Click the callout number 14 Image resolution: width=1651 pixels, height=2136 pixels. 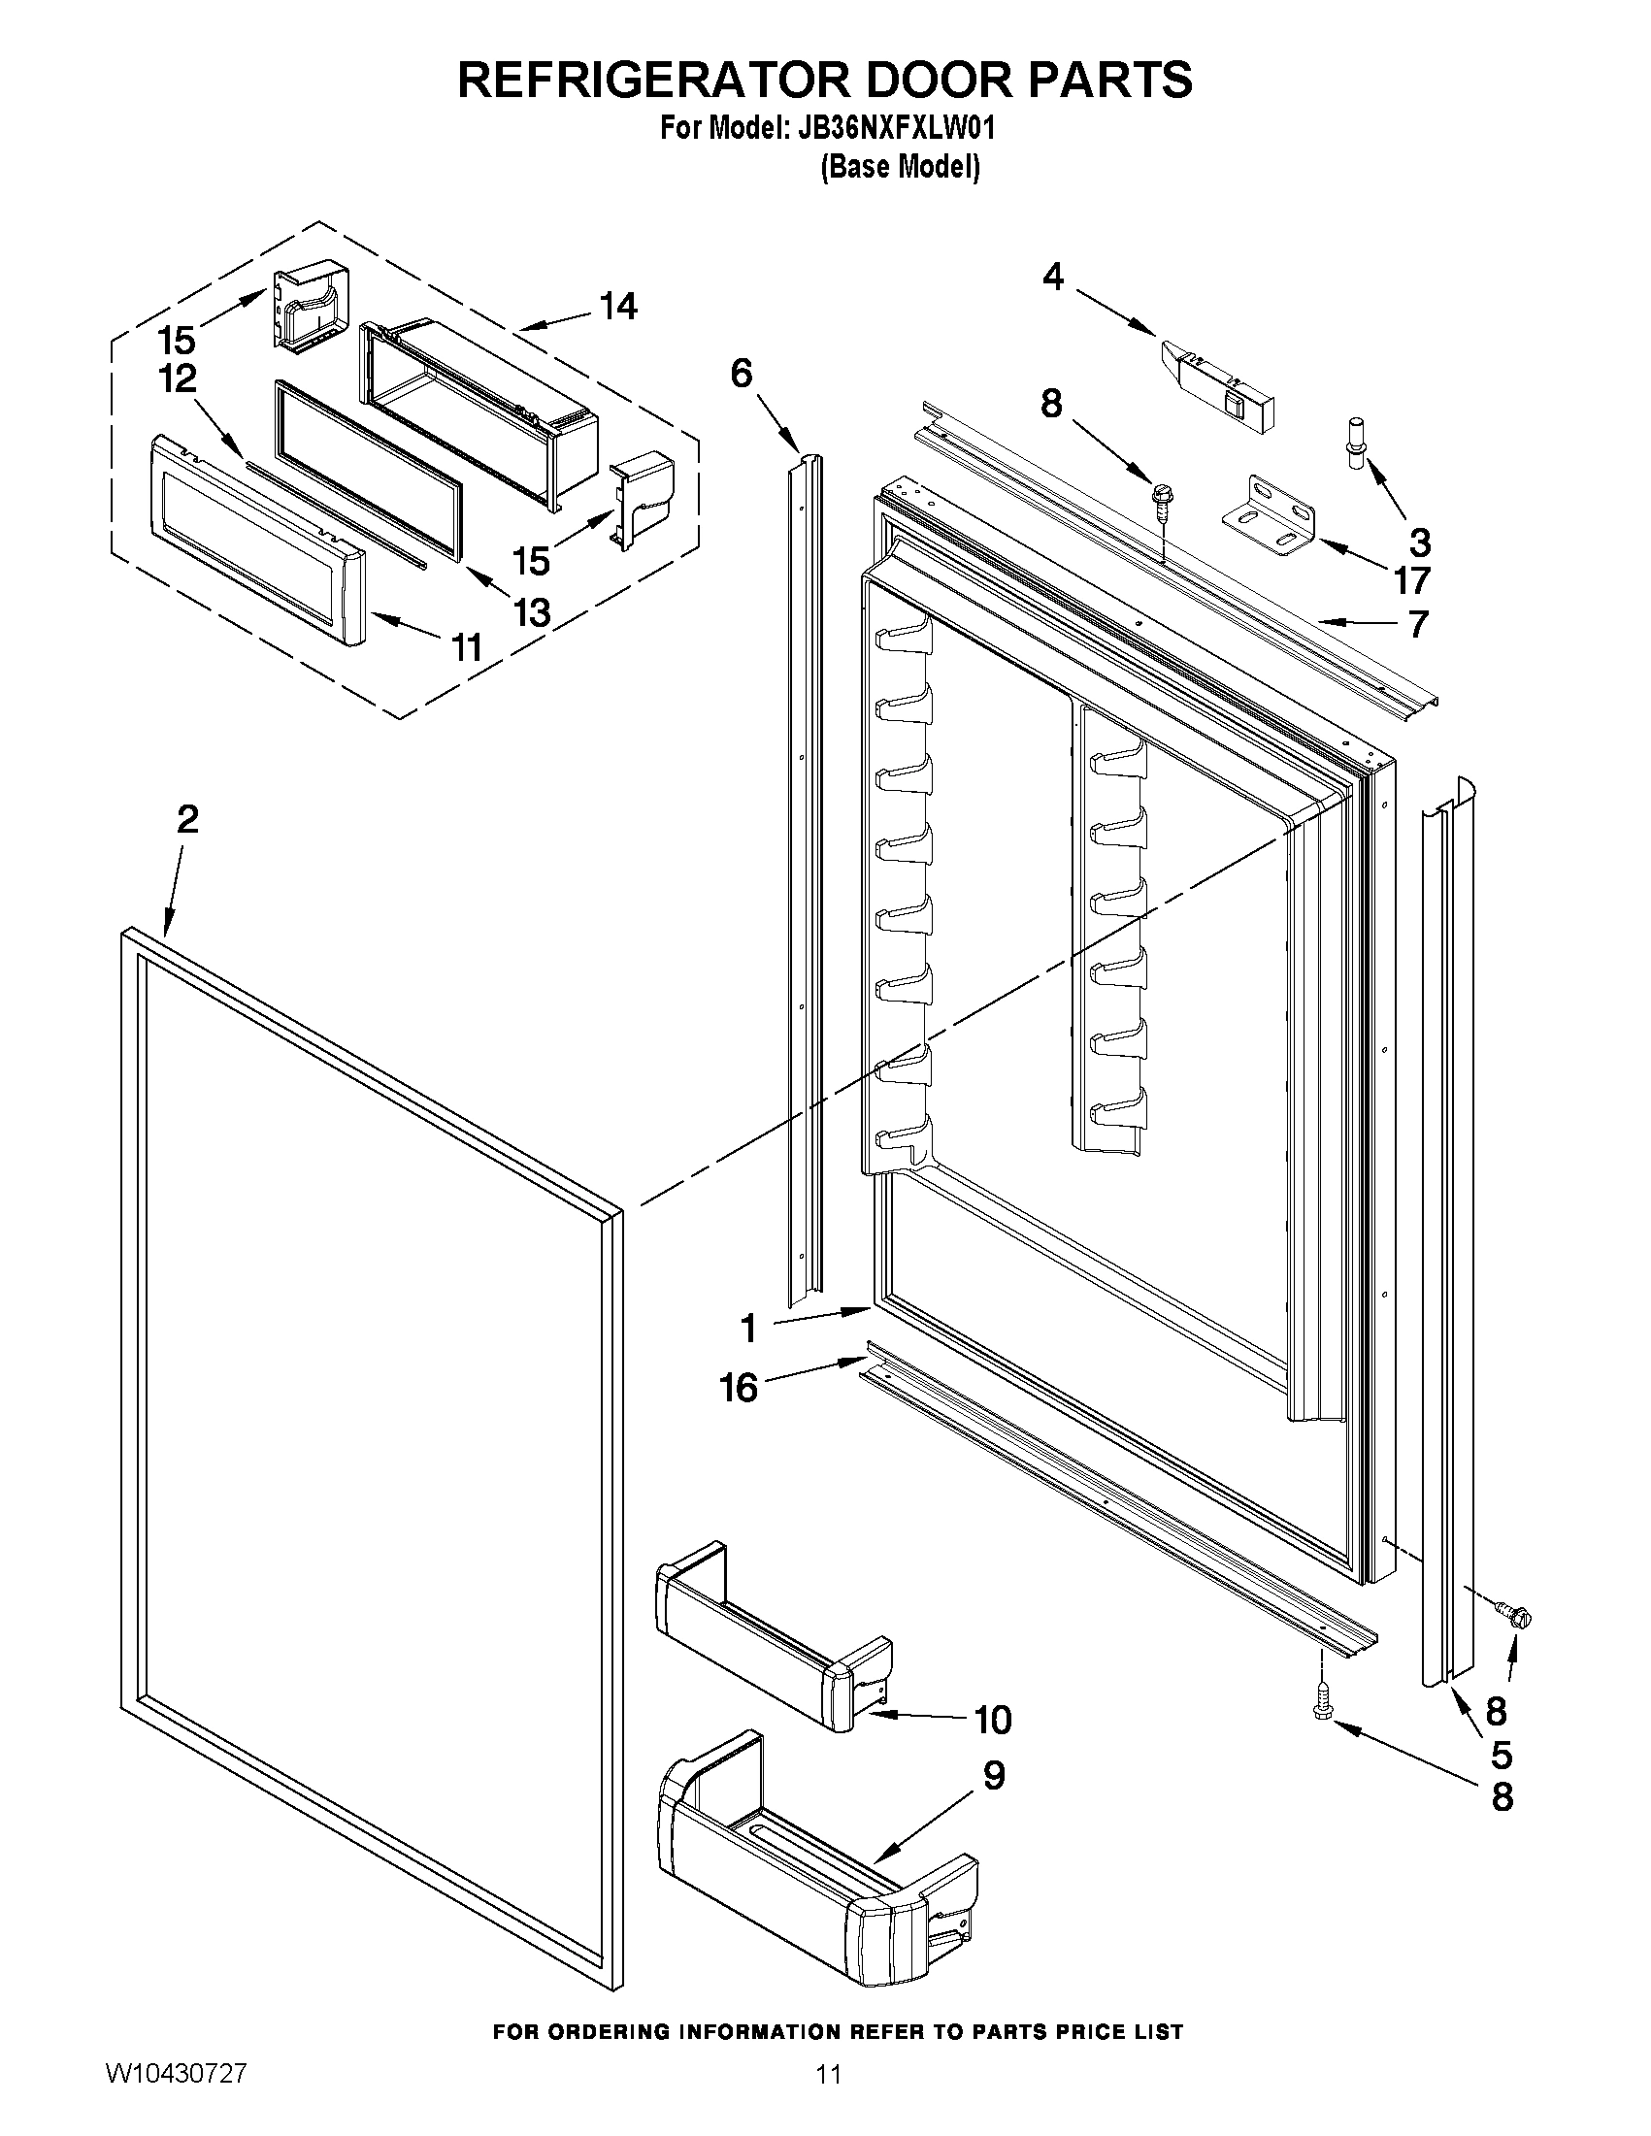point(618,306)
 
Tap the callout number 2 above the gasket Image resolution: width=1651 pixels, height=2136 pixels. point(186,819)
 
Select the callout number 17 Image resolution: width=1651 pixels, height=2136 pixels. point(1411,581)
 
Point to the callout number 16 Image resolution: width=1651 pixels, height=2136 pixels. point(740,1387)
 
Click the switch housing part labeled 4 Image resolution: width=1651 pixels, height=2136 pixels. point(1219,383)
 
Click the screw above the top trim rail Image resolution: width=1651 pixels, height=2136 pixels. point(1163,498)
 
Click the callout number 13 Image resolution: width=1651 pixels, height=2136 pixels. point(533,613)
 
